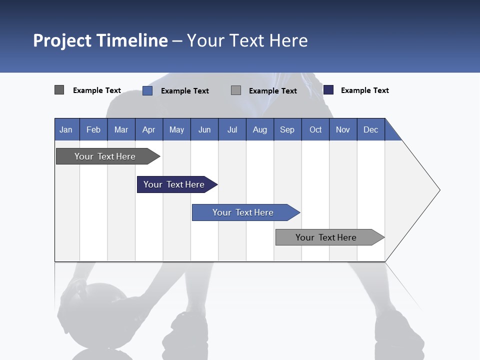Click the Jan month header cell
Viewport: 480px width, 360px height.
click(66, 129)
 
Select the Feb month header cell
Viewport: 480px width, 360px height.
click(93, 129)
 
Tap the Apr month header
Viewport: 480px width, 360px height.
click(149, 129)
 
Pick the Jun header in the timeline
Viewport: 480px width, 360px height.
click(204, 129)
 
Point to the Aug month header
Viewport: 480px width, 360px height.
click(259, 129)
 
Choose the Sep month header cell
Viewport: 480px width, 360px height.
click(287, 129)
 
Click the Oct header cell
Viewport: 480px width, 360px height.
click(315, 129)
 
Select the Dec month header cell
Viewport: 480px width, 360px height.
click(370, 129)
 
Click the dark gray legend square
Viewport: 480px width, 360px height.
click(59, 90)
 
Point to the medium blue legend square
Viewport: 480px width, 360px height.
click(147, 90)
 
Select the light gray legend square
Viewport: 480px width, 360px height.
click(236, 90)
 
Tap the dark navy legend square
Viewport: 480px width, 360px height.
click(328, 90)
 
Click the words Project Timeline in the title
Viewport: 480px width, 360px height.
click(100, 40)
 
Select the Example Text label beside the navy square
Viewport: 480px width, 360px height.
click(364, 90)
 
